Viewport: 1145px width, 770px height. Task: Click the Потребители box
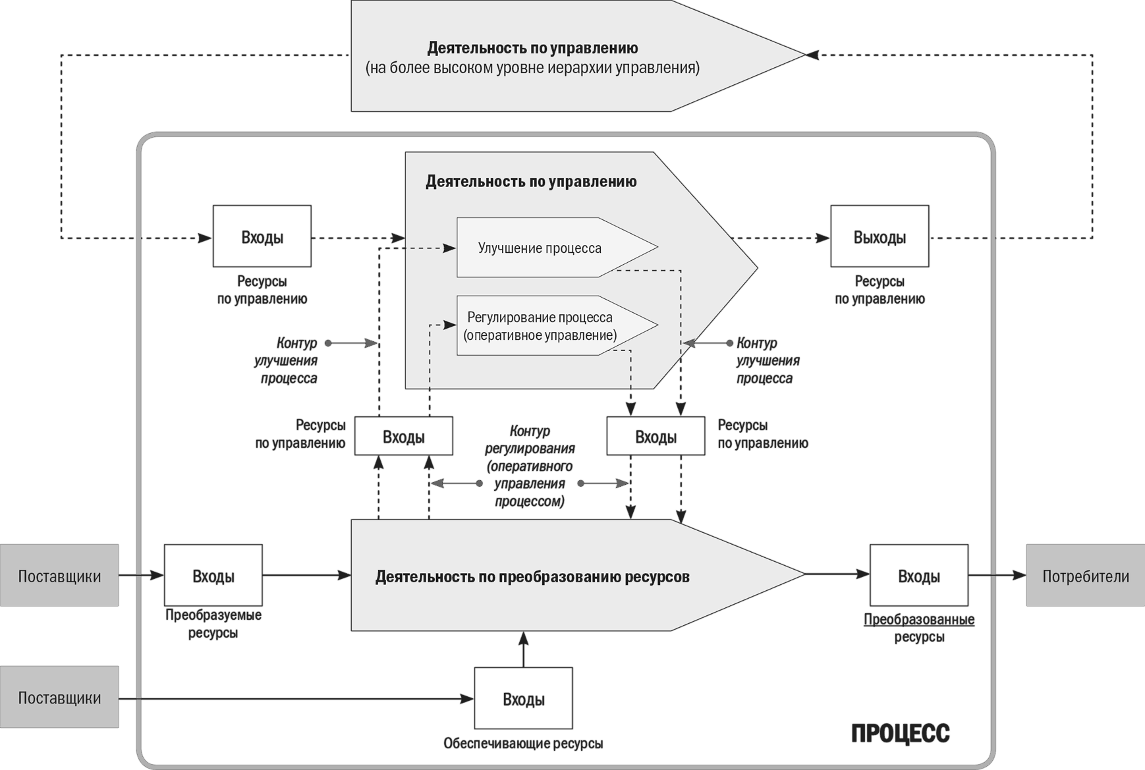point(1085,576)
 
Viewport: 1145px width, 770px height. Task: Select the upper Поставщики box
point(59,576)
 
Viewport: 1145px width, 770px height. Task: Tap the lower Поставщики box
point(59,698)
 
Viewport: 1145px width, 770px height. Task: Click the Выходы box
point(880,236)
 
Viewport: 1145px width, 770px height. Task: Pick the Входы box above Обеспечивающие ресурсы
point(523,698)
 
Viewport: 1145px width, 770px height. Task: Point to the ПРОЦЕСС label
point(900,733)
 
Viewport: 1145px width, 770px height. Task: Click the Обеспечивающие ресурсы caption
point(523,744)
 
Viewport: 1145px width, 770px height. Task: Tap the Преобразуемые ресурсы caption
point(213,624)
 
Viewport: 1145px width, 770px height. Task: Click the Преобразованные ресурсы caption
point(919,628)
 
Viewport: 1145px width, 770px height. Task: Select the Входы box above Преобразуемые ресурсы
point(213,576)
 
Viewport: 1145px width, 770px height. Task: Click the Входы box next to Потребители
point(919,576)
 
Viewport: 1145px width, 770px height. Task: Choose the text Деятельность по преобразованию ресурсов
point(532,577)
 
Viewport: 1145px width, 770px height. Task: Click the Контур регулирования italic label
point(530,466)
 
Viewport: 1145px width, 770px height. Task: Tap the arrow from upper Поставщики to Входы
point(141,576)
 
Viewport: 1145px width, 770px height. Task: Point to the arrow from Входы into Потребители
point(997,576)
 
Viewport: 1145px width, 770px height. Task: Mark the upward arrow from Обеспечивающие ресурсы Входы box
point(523,649)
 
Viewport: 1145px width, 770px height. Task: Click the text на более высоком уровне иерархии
point(532,68)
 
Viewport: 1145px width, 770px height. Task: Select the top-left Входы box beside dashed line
point(262,236)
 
